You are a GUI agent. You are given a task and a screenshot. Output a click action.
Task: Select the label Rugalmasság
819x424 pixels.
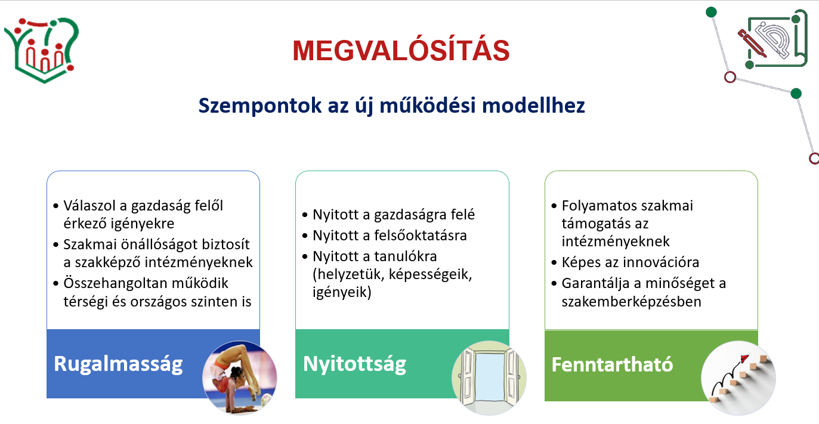(118, 364)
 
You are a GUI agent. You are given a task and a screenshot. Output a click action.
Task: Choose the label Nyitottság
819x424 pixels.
(355, 364)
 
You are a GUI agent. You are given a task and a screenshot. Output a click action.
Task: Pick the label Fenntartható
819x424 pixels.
(612, 364)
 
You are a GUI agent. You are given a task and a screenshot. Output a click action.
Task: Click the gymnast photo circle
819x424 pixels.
(239, 377)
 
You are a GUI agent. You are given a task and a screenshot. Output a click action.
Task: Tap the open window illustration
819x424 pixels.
(489, 377)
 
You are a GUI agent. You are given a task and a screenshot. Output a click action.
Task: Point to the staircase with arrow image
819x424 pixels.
(738, 377)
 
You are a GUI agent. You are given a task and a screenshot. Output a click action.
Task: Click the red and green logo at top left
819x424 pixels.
(42, 49)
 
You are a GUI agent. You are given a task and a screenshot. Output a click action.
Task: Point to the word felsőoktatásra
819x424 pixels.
(420, 236)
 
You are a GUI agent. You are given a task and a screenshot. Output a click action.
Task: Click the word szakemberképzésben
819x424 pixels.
(632, 302)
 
